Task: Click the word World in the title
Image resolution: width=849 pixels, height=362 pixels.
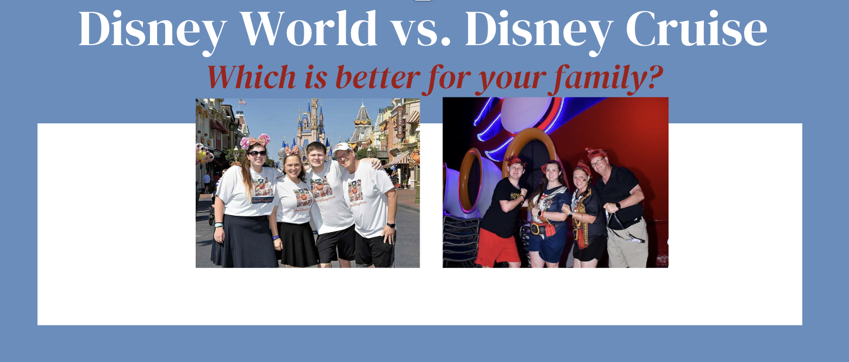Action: (x=309, y=29)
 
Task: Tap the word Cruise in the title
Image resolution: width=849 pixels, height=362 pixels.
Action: (x=697, y=29)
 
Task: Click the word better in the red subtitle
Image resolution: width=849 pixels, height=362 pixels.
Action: (x=378, y=77)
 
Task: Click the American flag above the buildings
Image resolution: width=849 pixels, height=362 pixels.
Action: (x=242, y=102)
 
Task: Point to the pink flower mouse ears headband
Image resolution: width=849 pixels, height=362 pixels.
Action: (x=255, y=141)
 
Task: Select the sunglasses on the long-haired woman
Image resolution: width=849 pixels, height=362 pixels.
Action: (x=257, y=153)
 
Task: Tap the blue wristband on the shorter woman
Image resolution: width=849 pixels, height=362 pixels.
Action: (x=276, y=238)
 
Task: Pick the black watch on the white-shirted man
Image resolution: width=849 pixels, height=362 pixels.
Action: (x=391, y=225)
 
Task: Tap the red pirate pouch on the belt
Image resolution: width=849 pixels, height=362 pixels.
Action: (x=550, y=229)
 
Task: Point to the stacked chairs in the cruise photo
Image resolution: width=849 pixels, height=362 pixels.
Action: (x=460, y=241)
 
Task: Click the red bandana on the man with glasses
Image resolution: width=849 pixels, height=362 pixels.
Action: (x=596, y=153)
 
